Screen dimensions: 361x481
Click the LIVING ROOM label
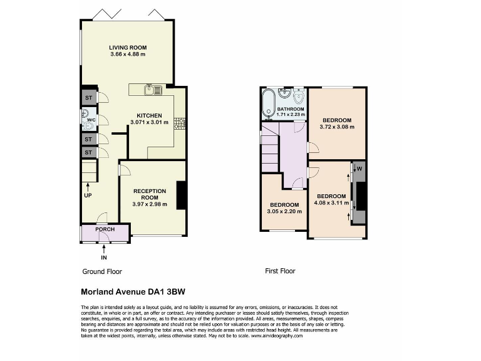127,48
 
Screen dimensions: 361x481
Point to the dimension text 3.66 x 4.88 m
127,55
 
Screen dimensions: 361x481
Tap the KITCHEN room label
150,115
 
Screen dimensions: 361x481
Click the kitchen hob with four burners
180,123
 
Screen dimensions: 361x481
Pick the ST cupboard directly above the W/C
88,98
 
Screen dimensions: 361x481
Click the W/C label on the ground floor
91,119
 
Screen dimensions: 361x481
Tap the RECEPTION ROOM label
150,194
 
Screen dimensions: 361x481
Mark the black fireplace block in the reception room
181,195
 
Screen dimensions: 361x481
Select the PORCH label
105,229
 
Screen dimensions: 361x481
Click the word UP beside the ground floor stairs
88,195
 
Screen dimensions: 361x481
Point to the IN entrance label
104,257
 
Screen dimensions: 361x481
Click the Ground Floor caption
102,271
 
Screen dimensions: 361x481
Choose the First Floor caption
280,271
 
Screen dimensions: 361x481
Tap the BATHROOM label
291,109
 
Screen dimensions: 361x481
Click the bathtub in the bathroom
268,100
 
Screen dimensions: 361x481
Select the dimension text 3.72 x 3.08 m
336,127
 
